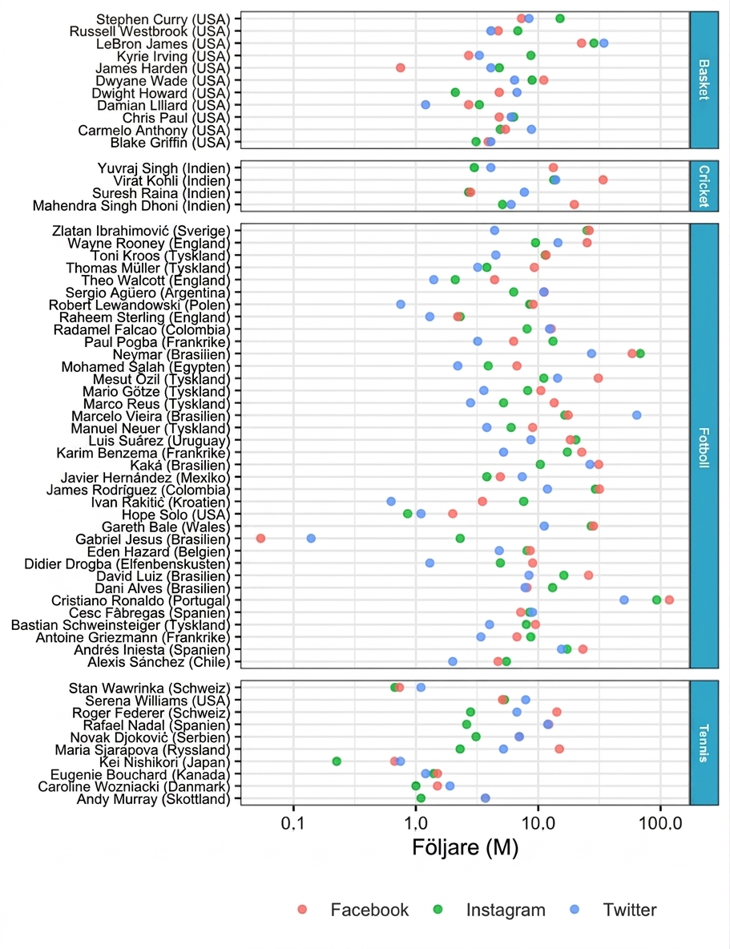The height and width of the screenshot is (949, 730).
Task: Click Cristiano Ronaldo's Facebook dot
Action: coord(669,600)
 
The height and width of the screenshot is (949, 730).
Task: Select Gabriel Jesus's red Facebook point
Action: coord(260,538)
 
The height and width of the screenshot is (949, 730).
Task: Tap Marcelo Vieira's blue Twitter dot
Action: coord(637,415)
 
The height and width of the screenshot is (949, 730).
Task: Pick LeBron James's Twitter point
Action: coord(603,43)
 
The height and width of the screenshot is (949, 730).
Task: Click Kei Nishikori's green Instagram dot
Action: coord(337,761)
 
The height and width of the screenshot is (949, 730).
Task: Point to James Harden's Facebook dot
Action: coord(400,68)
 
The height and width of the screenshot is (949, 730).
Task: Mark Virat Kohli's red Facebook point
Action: coord(603,180)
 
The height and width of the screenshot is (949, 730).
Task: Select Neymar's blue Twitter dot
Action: coord(591,353)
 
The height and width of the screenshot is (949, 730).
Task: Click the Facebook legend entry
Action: coord(369,910)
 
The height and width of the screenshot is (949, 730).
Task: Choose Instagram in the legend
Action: coord(506,910)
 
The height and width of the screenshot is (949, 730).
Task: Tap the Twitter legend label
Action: coord(630,910)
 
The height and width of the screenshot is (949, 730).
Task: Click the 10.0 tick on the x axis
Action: coord(538,824)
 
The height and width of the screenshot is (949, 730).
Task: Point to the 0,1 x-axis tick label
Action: coord(293,824)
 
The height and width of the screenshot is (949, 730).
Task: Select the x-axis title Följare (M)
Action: coord(466,847)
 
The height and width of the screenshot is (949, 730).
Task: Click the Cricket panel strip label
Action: coord(704,186)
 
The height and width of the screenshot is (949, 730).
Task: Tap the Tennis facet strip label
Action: coord(704,743)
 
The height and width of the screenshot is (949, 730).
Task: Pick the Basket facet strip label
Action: coord(704,79)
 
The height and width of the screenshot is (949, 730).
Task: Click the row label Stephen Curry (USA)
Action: coord(163,19)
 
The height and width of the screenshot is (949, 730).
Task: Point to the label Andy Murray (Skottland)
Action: coord(153,799)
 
